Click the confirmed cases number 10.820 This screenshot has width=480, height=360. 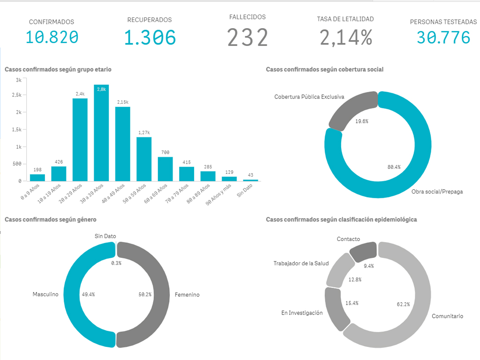point(52,37)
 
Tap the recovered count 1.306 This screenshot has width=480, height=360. point(150,37)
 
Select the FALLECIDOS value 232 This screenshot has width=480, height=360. point(247,37)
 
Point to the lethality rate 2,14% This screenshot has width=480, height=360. point(345,37)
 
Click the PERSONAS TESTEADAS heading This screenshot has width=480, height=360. point(443,22)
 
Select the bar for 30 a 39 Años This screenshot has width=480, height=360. point(101,133)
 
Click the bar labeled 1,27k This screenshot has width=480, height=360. point(144,159)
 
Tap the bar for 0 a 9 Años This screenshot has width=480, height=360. point(37,178)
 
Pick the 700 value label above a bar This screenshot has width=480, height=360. point(165,152)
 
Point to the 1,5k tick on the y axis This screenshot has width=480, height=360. point(16,129)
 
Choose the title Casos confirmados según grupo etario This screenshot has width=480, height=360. point(58,69)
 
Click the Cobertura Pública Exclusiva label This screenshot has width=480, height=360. point(309,97)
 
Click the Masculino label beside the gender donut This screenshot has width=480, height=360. point(45,294)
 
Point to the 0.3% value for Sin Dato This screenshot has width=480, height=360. point(116,263)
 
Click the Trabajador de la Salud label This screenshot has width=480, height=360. point(301,263)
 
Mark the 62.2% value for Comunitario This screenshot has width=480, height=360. point(403,304)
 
